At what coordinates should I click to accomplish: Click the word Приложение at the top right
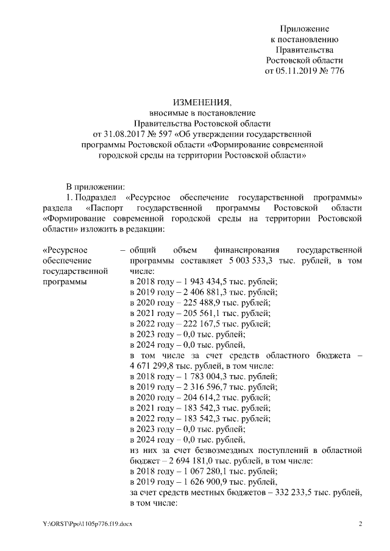[304, 29]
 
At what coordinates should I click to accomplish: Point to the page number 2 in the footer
[360, 524]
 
